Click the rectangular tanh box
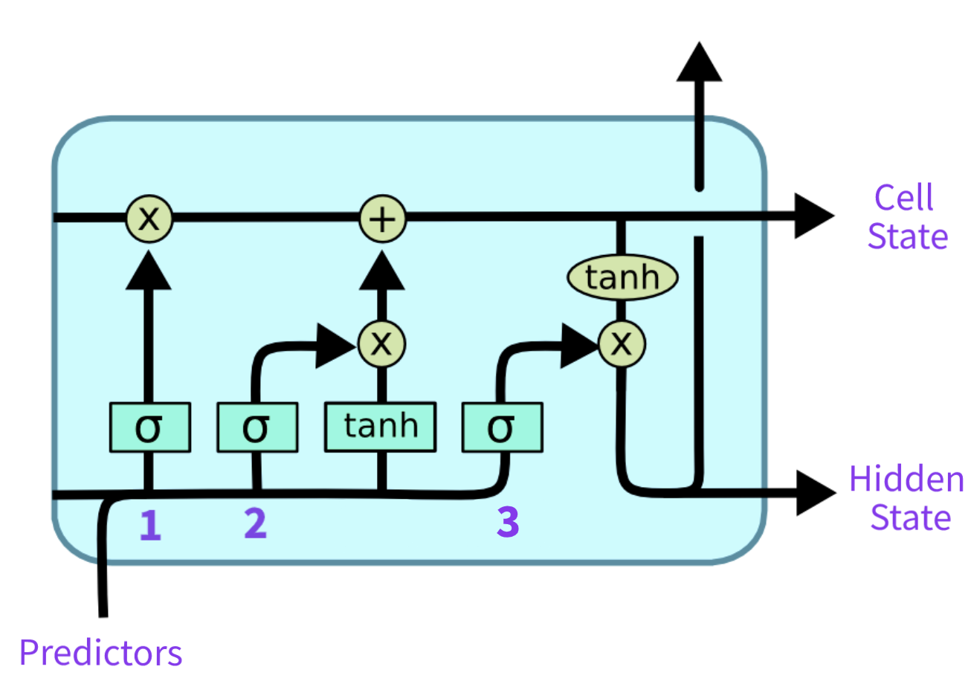point(381,427)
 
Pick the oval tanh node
point(622,277)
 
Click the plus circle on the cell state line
point(383,219)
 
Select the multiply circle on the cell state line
point(149,219)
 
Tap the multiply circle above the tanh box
point(381,344)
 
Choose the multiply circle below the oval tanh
point(622,344)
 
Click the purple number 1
point(150,526)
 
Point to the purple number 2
point(256,524)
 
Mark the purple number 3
point(508,522)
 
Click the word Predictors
point(101,653)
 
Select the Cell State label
point(908,216)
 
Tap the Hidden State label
point(907,498)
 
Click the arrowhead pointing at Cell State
point(814,216)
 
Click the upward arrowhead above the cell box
point(699,61)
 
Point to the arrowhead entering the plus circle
point(382,270)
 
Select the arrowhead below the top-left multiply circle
point(149,270)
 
